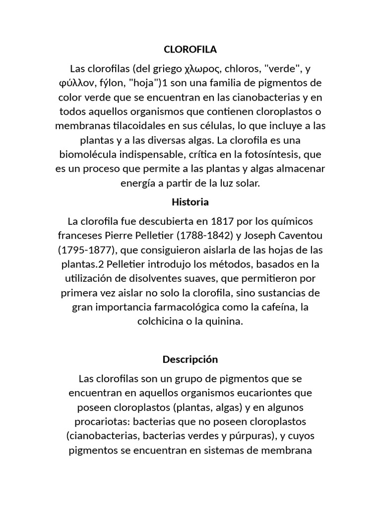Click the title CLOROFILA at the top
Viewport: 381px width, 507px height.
tap(190, 50)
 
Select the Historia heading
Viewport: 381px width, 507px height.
tap(190, 202)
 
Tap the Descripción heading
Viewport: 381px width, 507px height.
tap(190, 359)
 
